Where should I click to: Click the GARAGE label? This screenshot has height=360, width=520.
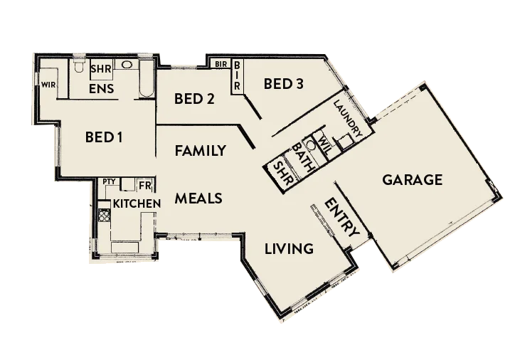[x=413, y=179]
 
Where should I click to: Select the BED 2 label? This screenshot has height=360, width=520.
[x=194, y=99]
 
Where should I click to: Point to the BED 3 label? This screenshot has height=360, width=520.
[x=283, y=84]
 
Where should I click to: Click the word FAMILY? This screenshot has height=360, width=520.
[x=200, y=151]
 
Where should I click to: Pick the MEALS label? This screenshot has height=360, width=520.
[x=199, y=198]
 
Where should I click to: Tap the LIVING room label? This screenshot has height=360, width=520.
[x=289, y=249]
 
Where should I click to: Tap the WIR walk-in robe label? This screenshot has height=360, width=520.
[x=48, y=85]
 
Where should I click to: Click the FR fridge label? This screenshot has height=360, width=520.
[x=144, y=186]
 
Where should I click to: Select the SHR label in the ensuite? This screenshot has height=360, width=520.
[x=100, y=68]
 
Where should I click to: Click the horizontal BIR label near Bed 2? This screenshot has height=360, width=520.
[x=221, y=64]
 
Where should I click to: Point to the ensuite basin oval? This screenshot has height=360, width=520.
[x=127, y=65]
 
